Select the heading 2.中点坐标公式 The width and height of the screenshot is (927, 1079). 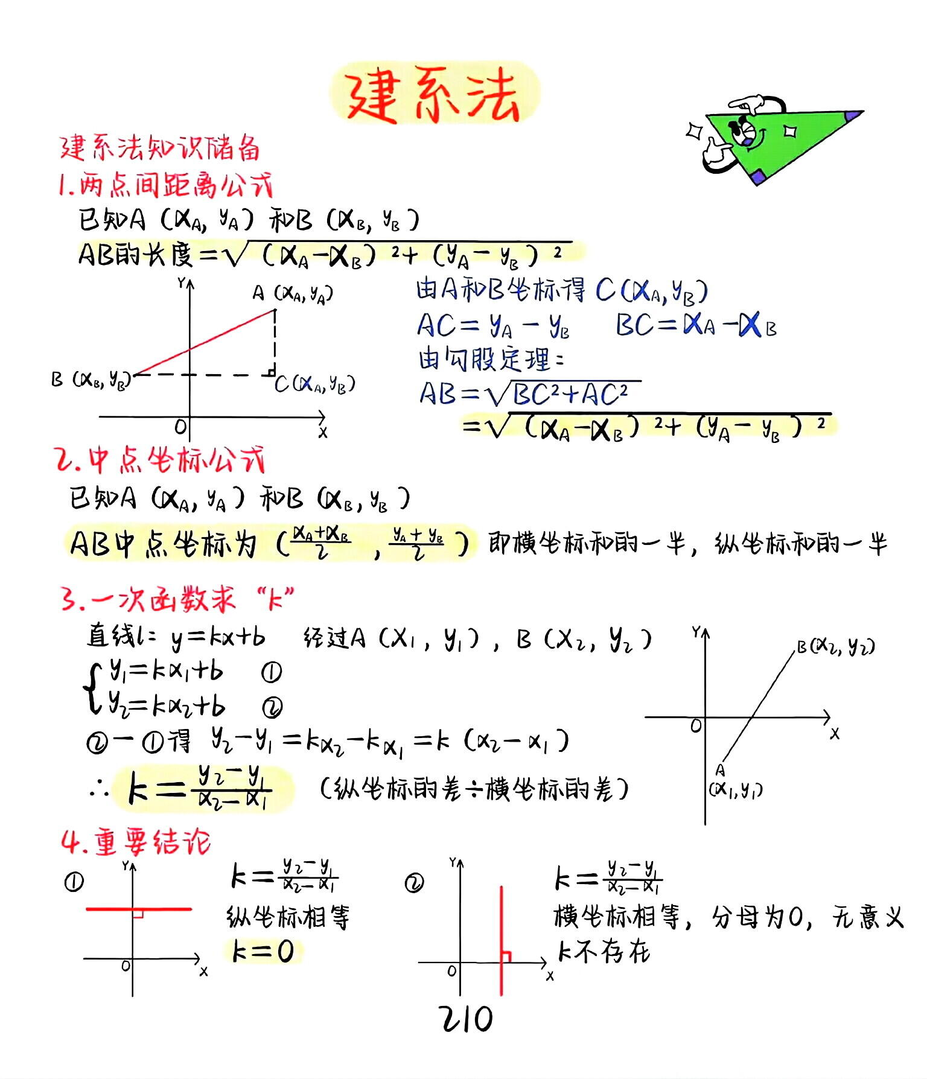[160, 461]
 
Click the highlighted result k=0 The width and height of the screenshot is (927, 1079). [263, 952]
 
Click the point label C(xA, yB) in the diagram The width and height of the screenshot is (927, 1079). [315, 384]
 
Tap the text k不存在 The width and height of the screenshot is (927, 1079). [604, 952]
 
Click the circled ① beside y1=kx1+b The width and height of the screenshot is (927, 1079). [271, 672]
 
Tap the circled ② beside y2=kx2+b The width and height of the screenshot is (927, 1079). [272, 707]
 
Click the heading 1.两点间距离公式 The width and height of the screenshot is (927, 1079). [165, 186]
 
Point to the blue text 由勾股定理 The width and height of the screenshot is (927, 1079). [490, 360]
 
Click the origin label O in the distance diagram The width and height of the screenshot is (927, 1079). [180, 427]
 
